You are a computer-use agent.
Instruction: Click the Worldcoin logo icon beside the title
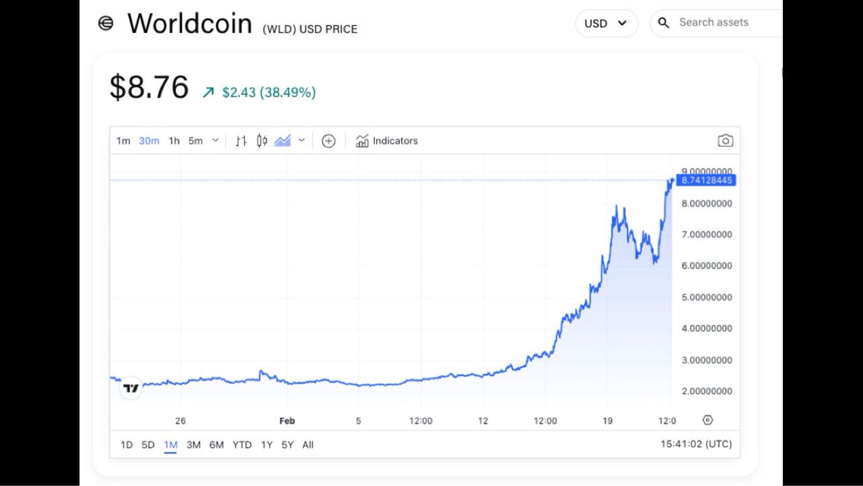(106, 24)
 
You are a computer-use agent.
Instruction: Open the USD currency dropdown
(606, 24)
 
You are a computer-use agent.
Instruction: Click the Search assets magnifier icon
(664, 23)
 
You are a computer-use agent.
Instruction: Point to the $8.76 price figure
(149, 87)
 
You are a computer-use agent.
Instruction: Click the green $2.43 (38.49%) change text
(268, 93)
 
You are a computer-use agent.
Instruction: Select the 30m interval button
(149, 141)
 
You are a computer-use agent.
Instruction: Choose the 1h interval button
(174, 141)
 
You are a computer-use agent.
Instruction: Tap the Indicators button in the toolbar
(387, 141)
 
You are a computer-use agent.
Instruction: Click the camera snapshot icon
(725, 141)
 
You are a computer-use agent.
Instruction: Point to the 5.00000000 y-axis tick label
(707, 297)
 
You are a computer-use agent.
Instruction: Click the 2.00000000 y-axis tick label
(707, 391)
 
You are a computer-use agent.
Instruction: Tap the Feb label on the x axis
(287, 421)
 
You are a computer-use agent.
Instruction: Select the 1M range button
(170, 445)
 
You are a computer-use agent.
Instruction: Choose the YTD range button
(242, 445)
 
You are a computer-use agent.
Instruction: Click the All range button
(307, 445)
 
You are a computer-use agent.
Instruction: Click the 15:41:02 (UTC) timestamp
(696, 444)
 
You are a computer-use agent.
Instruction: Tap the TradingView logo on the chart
(131, 388)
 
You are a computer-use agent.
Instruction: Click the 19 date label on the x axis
(607, 421)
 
